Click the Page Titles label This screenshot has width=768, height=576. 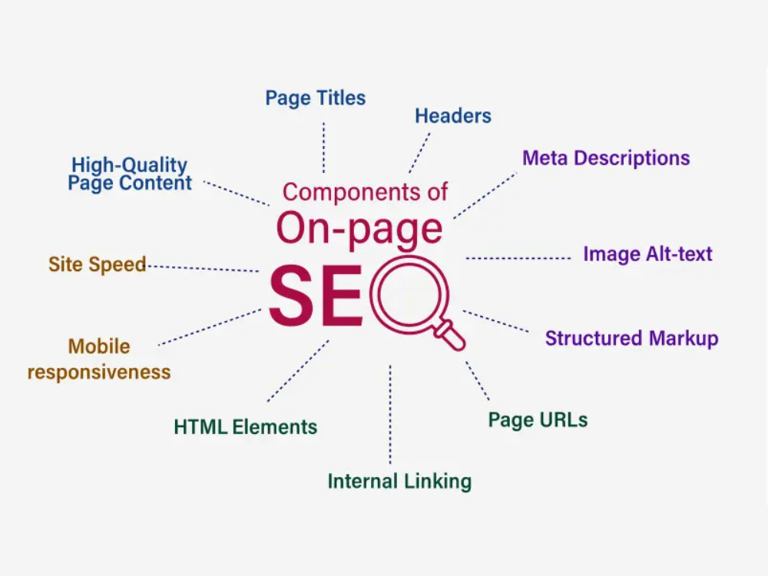[316, 98]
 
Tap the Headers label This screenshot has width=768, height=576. [453, 116]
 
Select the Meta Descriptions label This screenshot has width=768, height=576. [606, 158]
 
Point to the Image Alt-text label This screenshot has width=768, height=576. [647, 254]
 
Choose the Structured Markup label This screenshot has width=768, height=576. [632, 339]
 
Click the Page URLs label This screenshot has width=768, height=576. [538, 420]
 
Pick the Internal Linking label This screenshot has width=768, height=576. [399, 482]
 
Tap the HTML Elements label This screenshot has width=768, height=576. [246, 427]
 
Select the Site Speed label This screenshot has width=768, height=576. [98, 264]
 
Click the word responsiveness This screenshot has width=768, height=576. [99, 372]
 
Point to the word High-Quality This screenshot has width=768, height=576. [129, 165]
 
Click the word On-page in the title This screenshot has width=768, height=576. [359, 229]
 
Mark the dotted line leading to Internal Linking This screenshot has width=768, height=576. [390, 415]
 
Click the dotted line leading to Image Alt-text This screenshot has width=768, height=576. [518, 258]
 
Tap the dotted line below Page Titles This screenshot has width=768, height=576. [323, 147]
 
